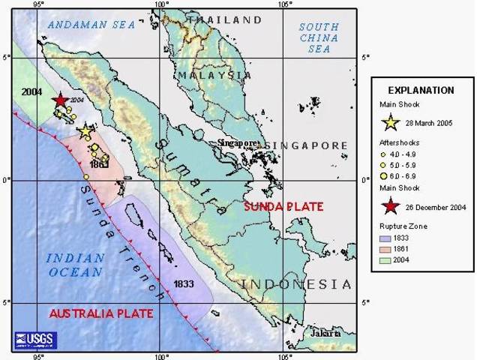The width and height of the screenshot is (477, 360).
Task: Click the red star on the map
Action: tap(60, 100)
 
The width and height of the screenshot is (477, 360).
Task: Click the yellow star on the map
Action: tap(85, 130)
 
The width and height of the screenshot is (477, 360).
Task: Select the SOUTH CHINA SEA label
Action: tap(318, 37)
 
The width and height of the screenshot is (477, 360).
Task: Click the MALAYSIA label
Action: tap(214, 76)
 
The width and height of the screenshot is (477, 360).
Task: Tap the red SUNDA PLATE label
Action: tap(284, 206)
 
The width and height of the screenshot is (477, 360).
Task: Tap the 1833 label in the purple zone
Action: tap(184, 284)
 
